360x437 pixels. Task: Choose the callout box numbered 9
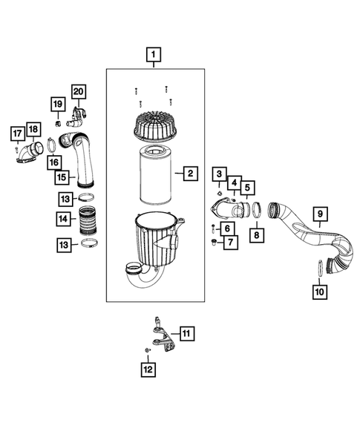[x=320, y=215]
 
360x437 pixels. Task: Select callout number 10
[x=319, y=292]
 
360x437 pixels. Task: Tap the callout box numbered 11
[x=186, y=333]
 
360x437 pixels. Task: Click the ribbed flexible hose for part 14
[x=88, y=220]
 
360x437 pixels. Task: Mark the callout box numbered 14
[x=65, y=219]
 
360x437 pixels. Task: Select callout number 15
[x=65, y=177]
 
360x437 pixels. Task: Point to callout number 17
[x=16, y=133]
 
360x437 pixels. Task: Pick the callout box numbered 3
[x=220, y=174]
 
